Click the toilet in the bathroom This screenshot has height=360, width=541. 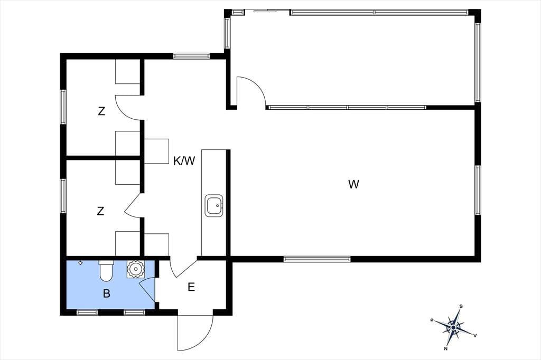click(x=106, y=270)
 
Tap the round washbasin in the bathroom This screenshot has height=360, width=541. click(x=135, y=269)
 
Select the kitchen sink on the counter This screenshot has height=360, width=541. click(x=214, y=205)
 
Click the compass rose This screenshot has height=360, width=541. click(x=453, y=326)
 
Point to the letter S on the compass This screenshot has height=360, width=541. click(x=461, y=306)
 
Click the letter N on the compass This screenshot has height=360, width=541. click(x=446, y=348)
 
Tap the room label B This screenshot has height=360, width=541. click(x=107, y=293)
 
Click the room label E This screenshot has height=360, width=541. click(x=191, y=287)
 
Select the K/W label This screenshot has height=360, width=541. click(x=184, y=160)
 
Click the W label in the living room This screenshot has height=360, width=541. click(x=353, y=184)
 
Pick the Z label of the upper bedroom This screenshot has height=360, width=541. click(x=101, y=111)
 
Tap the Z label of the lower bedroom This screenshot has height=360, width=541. click(x=100, y=211)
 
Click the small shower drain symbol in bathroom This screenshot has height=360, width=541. click(x=80, y=263)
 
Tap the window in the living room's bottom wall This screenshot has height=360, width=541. click(x=317, y=259)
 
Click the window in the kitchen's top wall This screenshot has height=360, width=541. click(x=191, y=56)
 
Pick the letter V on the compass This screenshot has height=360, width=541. click(x=475, y=335)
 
